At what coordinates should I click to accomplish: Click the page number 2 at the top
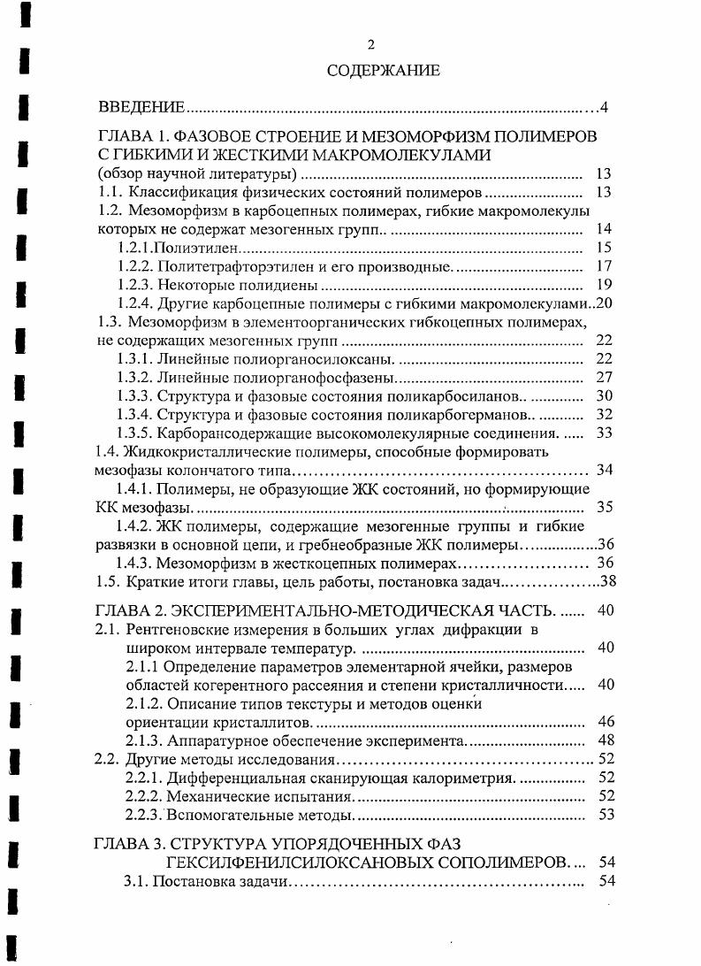371,44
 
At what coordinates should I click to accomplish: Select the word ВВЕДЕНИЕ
141,108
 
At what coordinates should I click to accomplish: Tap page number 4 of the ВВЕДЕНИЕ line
604,108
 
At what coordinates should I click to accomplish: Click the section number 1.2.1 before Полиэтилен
135,248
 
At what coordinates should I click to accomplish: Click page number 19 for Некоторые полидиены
605,285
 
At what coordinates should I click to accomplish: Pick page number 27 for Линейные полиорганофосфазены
605,377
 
